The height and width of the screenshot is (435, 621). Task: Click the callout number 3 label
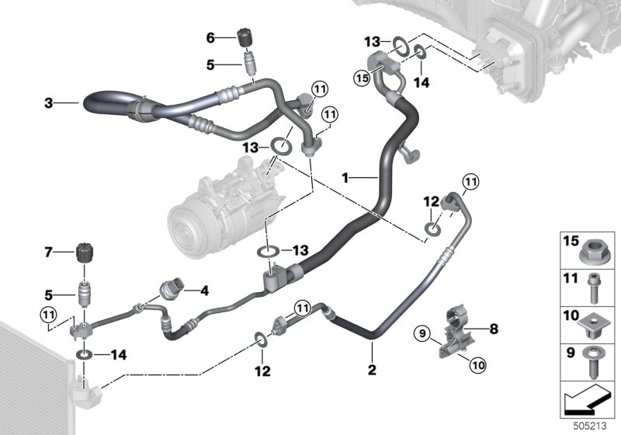click(48, 102)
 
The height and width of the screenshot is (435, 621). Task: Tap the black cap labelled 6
click(245, 37)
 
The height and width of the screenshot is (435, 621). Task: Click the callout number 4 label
click(204, 291)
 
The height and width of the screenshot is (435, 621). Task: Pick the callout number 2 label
click(372, 370)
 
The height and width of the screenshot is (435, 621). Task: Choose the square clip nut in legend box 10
click(592, 322)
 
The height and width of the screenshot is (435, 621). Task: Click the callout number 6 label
click(210, 37)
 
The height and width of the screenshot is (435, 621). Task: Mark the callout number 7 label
click(48, 252)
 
